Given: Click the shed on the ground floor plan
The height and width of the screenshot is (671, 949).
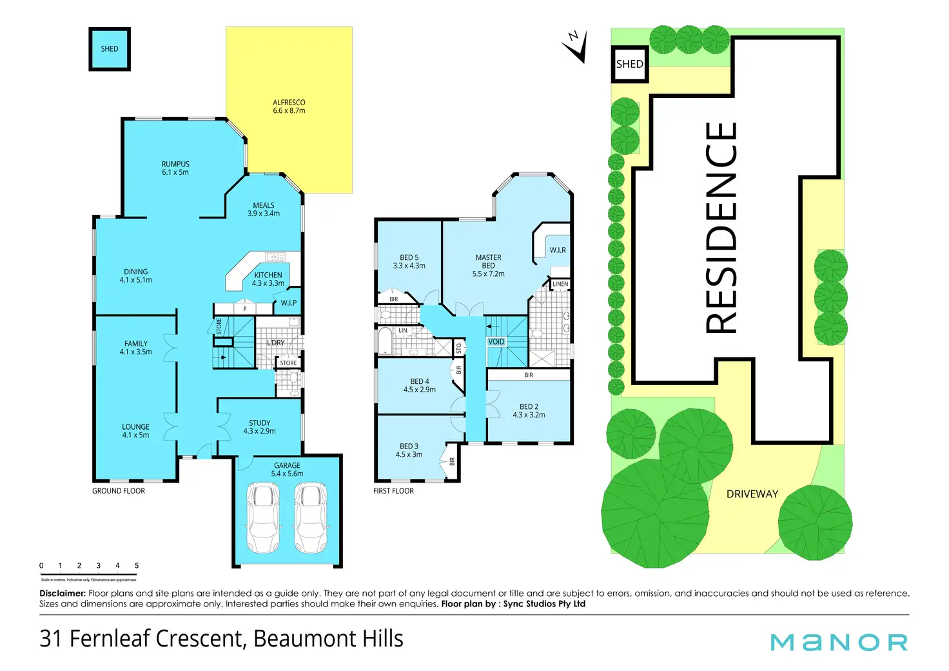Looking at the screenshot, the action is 110,49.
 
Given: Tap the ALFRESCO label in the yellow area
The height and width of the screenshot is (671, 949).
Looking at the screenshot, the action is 289,106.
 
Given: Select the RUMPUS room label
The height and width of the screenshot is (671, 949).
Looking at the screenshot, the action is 175,168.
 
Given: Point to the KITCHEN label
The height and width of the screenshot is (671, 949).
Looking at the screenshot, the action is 268,279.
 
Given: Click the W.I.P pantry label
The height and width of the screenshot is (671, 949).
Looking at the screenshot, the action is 289,303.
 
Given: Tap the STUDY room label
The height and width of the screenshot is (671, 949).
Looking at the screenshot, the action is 260,427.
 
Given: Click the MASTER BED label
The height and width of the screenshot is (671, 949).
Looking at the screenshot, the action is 488,265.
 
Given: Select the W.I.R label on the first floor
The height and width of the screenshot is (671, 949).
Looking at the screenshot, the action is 558,250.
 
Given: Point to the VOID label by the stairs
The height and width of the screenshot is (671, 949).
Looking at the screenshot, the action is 496,342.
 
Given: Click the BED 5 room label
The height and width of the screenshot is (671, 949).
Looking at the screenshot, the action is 409,261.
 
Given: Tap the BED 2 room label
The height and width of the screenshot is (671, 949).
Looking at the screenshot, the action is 529,411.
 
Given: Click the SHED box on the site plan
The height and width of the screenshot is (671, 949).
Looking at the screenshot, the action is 629,64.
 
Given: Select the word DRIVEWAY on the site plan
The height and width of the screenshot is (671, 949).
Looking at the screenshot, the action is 752,494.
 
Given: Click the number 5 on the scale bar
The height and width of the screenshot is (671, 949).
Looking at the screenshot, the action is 137,566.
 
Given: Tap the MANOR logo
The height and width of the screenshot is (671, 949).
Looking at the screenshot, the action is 839,643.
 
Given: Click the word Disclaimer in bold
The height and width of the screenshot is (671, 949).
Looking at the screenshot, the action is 63,594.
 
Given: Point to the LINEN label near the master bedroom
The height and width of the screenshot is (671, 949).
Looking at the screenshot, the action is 560,284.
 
